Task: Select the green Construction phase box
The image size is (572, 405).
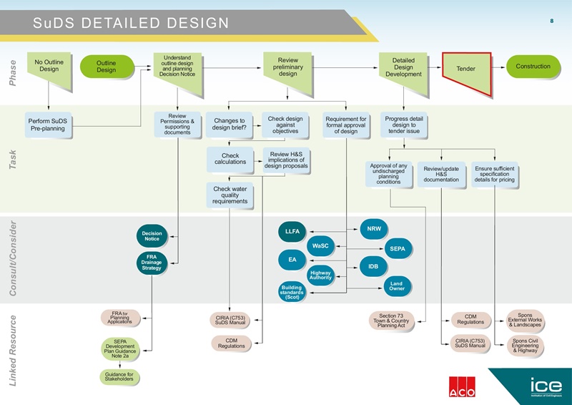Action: click(533, 67)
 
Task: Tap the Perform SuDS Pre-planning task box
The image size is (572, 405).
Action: click(49, 125)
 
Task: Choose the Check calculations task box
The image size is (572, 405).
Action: click(230, 159)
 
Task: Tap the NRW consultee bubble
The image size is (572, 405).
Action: click(374, 229)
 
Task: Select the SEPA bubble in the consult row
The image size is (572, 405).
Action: click(398, 249)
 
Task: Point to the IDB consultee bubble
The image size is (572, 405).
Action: click(373, 266)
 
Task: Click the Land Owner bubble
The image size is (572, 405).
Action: click(397, 286)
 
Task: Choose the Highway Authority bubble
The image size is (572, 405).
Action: click(320, 275)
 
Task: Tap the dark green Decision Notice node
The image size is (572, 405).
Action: click(152, 235)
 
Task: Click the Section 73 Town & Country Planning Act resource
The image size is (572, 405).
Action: click(391, 320)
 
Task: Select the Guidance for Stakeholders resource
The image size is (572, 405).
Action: click(120, 377)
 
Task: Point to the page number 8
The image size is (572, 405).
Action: click(551, 20)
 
